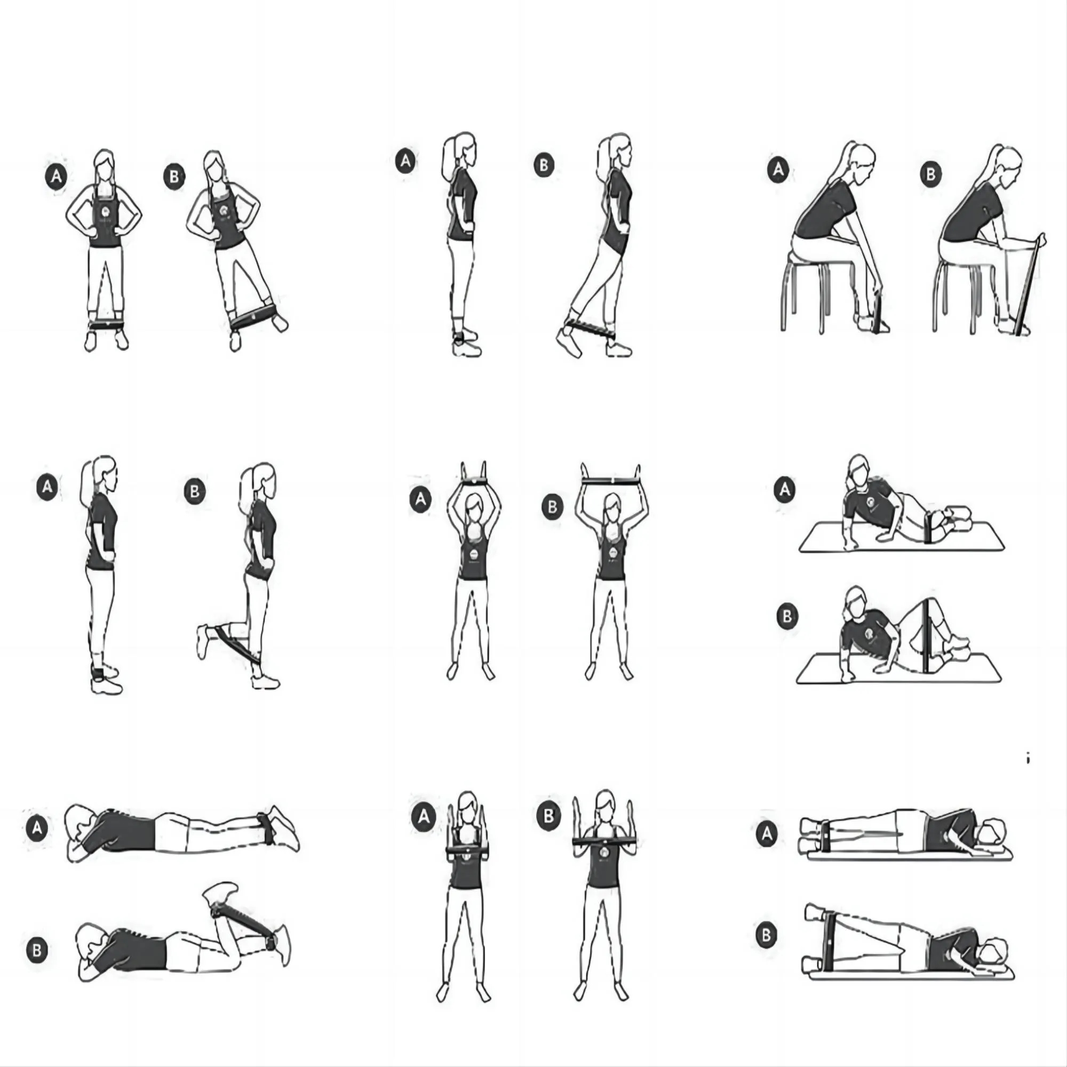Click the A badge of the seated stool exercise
point(778,169)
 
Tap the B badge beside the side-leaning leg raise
point(174,177)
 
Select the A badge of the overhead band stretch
point(420,499)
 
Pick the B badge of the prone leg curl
point(37,950)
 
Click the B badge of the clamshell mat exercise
point(787,616)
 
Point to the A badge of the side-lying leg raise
point(767,834)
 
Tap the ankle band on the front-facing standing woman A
point(107,325)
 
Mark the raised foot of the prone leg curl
point(220,893)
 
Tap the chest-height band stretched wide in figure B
point(603,841)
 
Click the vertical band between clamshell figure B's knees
point(926,636)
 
